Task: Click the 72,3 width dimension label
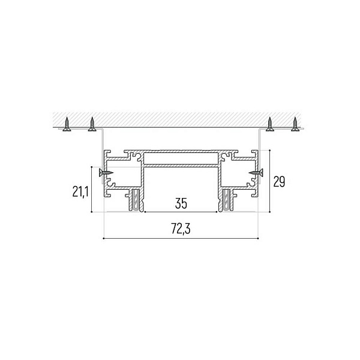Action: pyautogui.click(x=181, y=229)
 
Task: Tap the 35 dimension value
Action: pyautogui.click(x=181, y=203)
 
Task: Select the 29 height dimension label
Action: pyautogui.click(x=279, y=182)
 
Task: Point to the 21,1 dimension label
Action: pyautogui.click(x=80, y=192)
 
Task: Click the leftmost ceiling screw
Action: pyautogui.click(x=67, y=124)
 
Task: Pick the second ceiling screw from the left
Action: pyautogui.click(x=92, y=124)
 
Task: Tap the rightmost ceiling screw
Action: pyautogui.click(x=295, y=124)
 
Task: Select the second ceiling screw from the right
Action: pyautogui.click(x=270, y=124)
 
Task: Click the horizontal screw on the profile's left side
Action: pyautogui.click(x=106, y=173)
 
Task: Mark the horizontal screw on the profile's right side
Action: pyautogui.click(x=256, y=173)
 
